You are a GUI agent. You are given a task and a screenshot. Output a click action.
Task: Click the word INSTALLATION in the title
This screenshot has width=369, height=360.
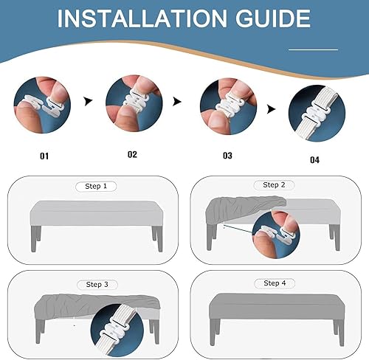click(142, 18)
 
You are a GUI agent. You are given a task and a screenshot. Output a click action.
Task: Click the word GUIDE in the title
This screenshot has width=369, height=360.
click(273, 18)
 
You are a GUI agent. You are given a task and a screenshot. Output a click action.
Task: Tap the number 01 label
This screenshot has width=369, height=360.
click(44, 156)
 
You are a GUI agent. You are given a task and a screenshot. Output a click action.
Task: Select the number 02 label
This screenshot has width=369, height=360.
click(132, 154)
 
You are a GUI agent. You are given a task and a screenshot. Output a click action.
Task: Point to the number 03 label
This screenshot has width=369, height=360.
click(227, 156)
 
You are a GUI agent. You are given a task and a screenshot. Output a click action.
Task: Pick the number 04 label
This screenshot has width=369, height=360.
click(314, 160)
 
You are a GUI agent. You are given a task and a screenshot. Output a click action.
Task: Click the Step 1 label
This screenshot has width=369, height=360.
click(96, 186)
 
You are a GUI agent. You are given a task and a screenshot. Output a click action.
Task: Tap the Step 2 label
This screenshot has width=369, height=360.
click(274, 184)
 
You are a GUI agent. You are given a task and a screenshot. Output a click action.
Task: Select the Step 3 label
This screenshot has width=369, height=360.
click(97, 285)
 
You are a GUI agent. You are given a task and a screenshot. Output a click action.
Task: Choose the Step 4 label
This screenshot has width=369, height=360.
click(275, 283)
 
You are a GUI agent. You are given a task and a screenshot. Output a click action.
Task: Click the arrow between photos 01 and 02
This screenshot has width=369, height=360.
click(88, 101)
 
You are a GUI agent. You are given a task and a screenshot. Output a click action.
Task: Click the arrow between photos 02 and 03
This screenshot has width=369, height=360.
click(177, 101)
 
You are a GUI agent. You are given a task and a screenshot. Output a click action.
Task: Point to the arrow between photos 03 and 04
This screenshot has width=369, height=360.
click(271, 109)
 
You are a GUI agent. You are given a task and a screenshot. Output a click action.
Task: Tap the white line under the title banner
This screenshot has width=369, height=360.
click(313, 49)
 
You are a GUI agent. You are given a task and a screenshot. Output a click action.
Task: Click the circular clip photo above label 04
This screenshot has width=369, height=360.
click(317, 114)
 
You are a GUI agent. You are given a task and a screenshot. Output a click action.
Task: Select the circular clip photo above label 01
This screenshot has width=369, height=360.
click(42, 105)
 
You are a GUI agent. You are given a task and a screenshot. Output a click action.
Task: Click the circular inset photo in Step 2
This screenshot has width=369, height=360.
click(276, 235)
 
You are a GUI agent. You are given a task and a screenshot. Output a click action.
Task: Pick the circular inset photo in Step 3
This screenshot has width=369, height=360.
click(117, 330)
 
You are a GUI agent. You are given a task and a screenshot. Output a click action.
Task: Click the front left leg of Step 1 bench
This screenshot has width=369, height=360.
click(33, 239)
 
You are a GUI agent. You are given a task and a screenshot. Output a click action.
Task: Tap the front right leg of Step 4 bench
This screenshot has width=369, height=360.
click(341, 333)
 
